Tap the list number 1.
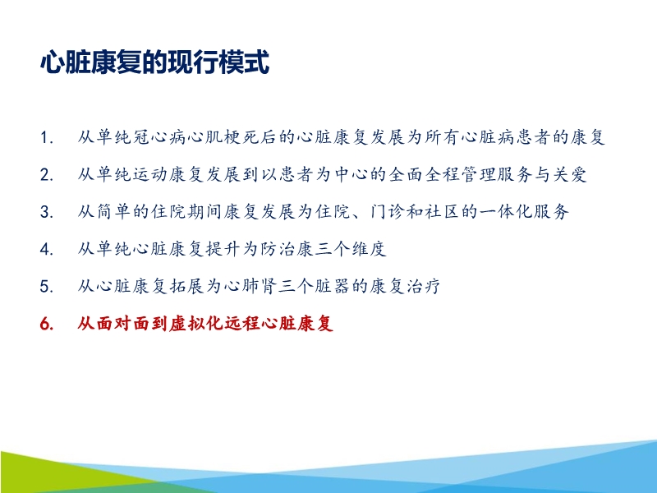tap(47, 138)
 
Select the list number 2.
tap(47, 175)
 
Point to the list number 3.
tap(47, 212)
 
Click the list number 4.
tap(47, 249)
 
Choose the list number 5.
tap(47, 287)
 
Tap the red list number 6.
tap(47, 324)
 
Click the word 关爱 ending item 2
tap(569, 174)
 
